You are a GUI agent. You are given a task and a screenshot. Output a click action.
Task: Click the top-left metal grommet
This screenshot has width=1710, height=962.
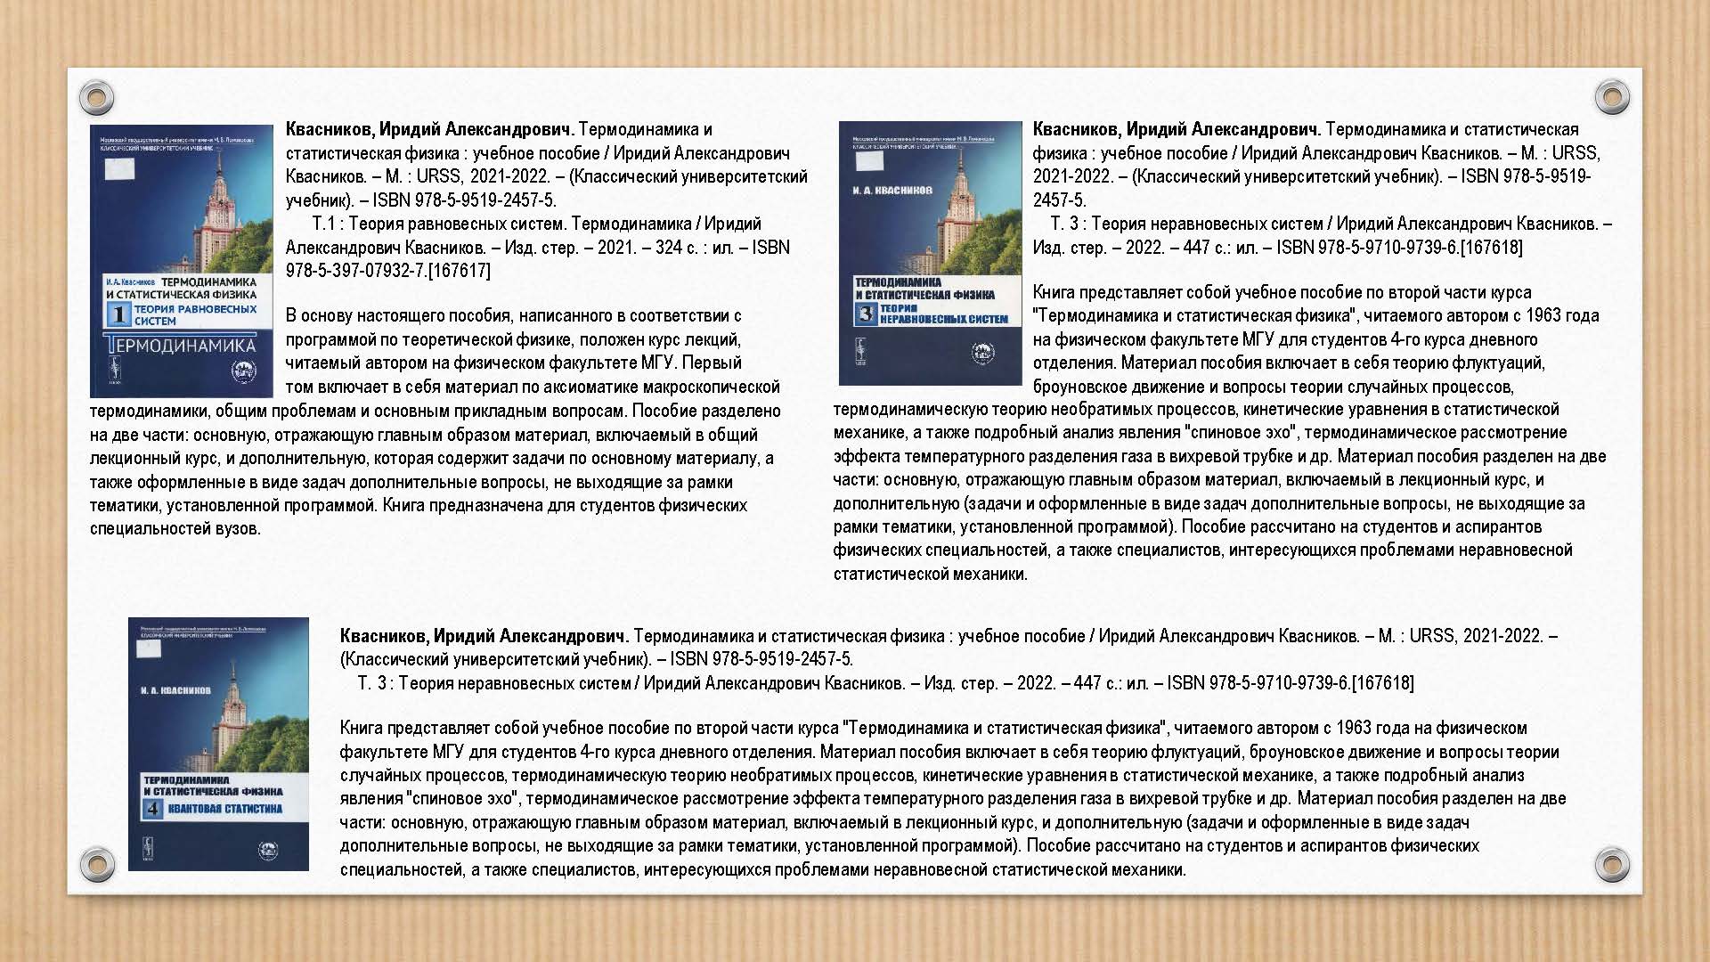[96, 96]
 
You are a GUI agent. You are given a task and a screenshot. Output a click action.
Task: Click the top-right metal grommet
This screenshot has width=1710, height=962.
[1611, 96]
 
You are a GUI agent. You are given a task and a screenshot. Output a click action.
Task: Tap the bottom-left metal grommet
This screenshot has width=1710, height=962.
[96, 863]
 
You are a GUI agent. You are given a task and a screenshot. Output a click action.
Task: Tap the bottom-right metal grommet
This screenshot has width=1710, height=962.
[1611, 863]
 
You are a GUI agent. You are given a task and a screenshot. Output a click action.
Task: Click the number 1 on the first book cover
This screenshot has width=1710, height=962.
[118, 314]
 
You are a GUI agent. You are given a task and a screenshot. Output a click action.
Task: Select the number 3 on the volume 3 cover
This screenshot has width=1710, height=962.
[866, 313]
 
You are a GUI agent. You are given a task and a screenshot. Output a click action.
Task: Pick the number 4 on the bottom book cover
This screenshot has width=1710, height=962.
[153, 809]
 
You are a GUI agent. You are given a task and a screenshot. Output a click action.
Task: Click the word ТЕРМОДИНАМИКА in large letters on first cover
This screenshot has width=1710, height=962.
[180, 346]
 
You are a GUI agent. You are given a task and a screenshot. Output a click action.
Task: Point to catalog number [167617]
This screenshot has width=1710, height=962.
[459, 271]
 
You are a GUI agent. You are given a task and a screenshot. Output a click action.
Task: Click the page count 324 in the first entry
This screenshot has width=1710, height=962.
[669, 248]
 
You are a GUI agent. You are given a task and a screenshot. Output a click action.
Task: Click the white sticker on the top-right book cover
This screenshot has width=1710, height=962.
[869, 161]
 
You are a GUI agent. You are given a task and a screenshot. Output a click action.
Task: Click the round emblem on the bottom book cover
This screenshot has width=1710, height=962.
[268, 851]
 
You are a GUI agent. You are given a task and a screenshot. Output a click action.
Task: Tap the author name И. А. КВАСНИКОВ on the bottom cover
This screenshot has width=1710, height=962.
[175, 690]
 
